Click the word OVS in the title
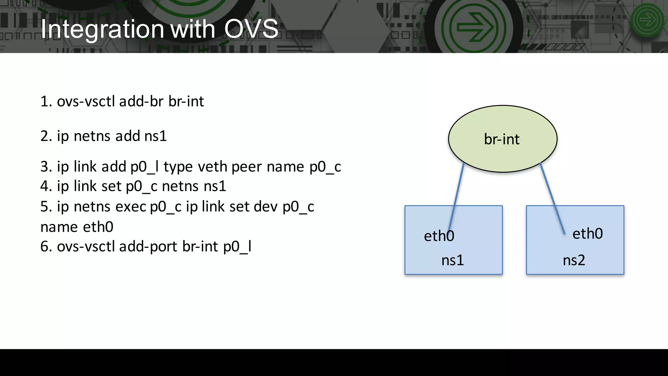tap(251, 29)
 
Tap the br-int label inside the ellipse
tap(502, 139)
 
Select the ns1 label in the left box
tap(452, 260)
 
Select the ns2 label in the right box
tap(574, 260)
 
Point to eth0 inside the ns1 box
tap(439, 236)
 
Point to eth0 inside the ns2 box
tap(587, 234)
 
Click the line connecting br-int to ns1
tap(457, 196)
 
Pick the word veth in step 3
tap(213, 167)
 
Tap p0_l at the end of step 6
tap(237, 247)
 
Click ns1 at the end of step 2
tap(156, 136)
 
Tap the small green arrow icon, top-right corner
tap(647, 20)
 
